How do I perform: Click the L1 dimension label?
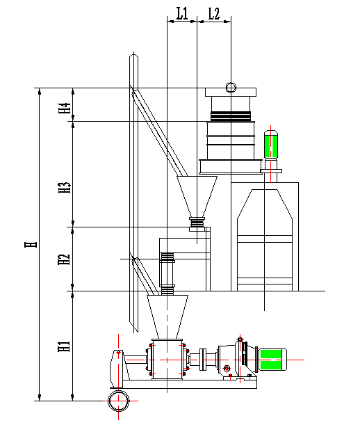[182, 13]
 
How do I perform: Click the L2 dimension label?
[214, 13]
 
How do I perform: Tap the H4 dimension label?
[65, 108]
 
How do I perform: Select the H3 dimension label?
[65, 188]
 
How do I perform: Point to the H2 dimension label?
[64, 259]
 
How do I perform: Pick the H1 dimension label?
[64, 346]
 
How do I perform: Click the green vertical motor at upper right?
[271, 144]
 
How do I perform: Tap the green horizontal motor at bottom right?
[272, 360]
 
